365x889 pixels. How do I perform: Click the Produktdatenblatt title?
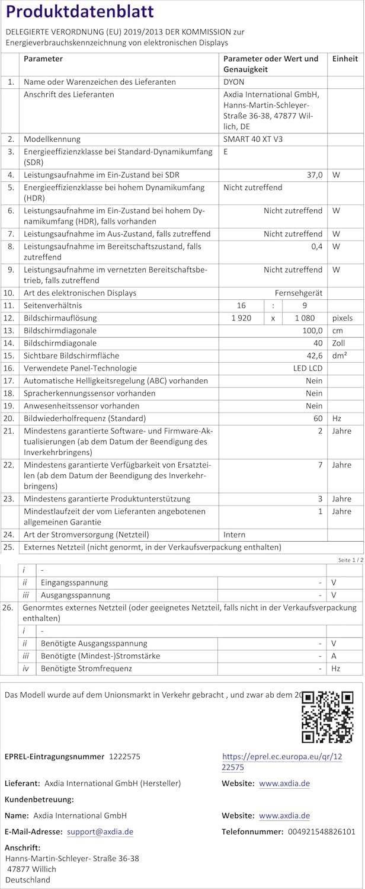coord(79,12)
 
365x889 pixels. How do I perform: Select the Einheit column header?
coord(345,59)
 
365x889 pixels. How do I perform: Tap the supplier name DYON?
coord(233,82)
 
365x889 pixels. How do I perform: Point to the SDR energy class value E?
coord(226,152)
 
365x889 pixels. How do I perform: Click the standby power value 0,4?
coord(316,246)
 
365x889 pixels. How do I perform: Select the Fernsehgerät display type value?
coord(298,293)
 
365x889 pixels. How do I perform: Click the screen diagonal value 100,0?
coord(312,331)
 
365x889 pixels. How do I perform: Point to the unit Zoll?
coord(339,343)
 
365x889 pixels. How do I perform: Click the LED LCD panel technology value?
coord(308,368)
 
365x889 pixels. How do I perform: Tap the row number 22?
coord(9,465)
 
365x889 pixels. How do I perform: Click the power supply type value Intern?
coord(234,535)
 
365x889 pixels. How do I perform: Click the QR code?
coord(327,717)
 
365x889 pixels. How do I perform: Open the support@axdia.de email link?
coord(100,832)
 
